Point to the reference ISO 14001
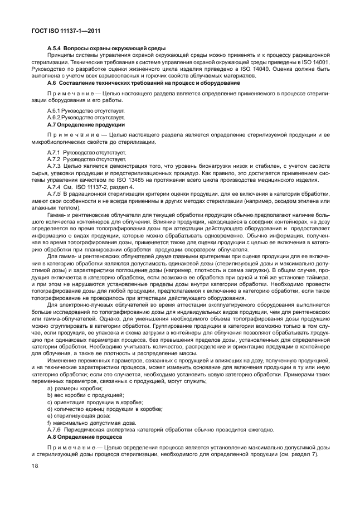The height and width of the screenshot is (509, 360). point(315,62)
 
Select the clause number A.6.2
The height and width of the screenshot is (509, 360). point(53,118)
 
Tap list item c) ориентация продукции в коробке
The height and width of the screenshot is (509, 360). point(95,401)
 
